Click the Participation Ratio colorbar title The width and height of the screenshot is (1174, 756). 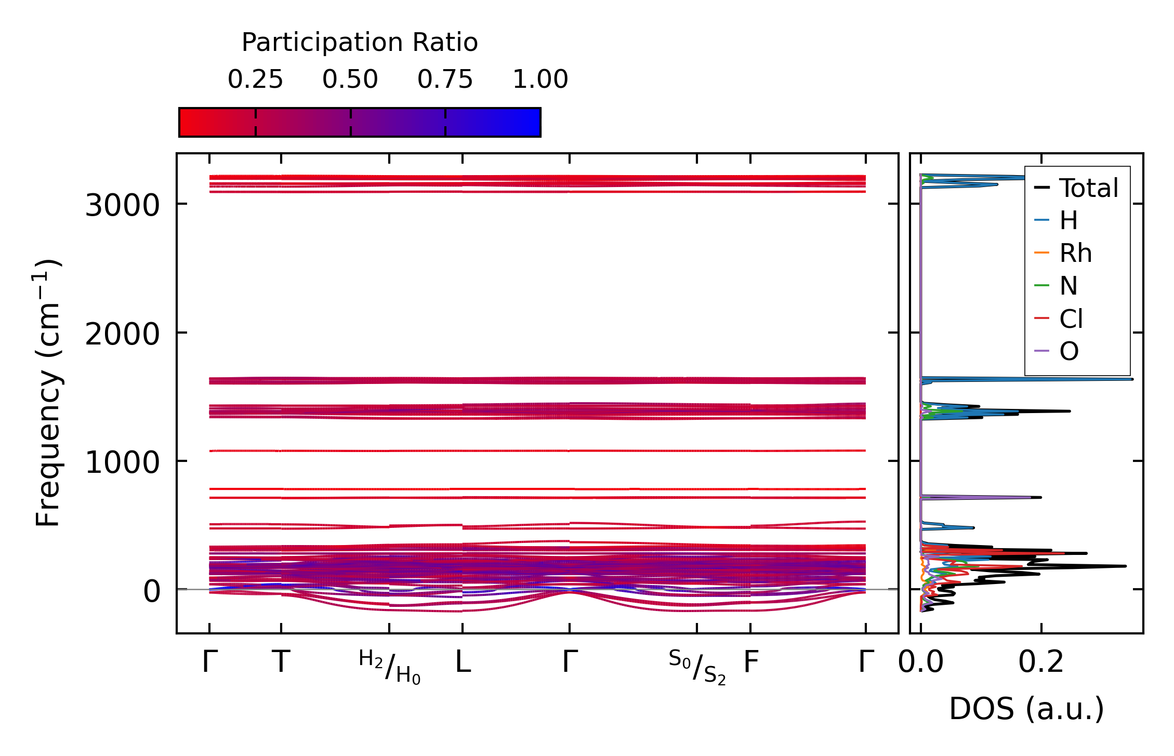(360, 43)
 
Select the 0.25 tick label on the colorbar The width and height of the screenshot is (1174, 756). (255, 79)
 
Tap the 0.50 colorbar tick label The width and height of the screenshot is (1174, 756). (350, 79)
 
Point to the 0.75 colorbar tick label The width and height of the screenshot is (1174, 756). (445, 79)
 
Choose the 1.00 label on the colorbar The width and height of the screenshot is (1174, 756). (540, 79)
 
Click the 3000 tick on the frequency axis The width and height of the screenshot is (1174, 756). (122, 206)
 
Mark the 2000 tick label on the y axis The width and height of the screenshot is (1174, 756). (122, 334)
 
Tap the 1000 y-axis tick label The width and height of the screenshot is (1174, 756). (122, 462)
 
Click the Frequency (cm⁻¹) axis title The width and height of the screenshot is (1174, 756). (48, 393)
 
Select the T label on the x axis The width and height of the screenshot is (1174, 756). (281, 662)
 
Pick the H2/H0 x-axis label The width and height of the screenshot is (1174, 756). (390, 667)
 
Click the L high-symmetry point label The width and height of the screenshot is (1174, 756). (463, 662)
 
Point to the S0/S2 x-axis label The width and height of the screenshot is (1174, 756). (697, 667)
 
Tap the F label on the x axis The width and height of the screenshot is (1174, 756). (751, 662)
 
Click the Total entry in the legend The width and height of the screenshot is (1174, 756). (1088, 188)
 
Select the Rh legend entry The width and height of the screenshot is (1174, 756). (1075, 254)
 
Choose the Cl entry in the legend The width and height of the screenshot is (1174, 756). (1071, 319)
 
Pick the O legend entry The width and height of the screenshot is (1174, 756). (1069, 352)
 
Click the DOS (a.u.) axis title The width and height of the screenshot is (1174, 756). (1026, 709)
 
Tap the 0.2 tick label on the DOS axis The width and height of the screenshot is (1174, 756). (1041, 662)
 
